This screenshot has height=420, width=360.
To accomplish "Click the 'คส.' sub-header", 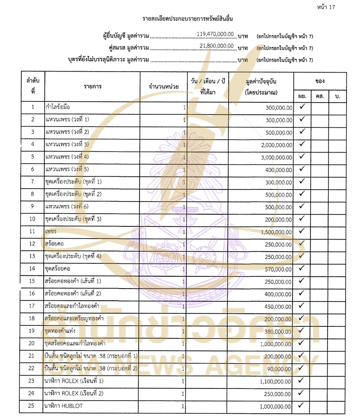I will pos(320,96).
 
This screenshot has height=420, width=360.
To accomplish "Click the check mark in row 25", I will pos(302,406).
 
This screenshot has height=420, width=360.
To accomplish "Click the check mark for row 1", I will pos(302,107).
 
